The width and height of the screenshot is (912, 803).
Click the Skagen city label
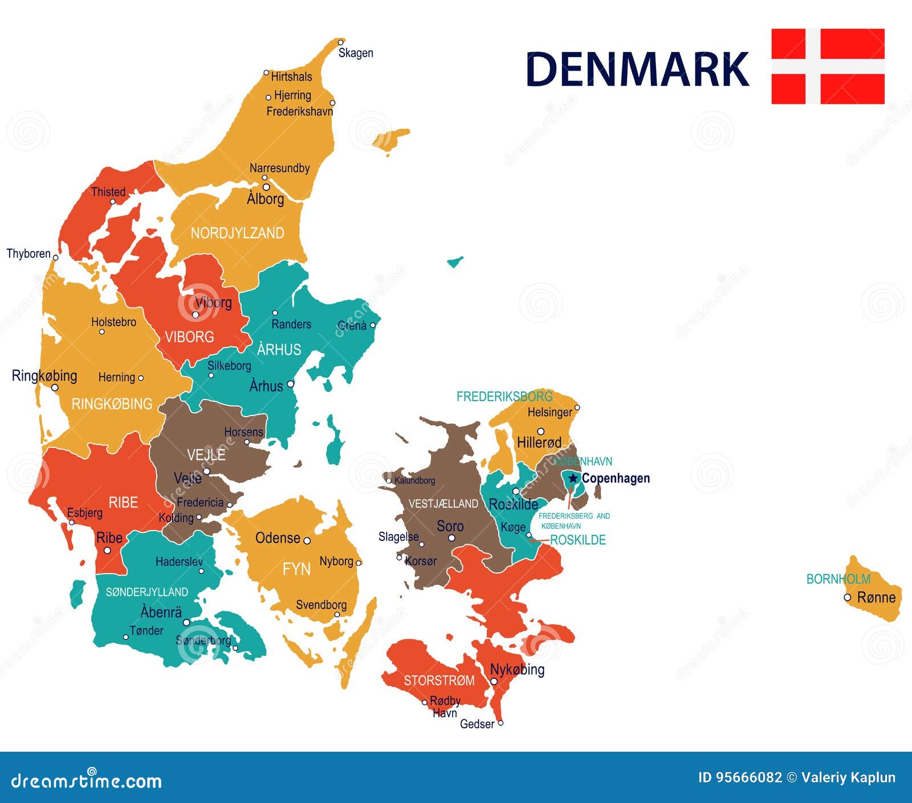356,53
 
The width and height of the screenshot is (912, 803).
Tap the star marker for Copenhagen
573,478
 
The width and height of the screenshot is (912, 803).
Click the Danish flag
828,66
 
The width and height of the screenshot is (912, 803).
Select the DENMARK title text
637,70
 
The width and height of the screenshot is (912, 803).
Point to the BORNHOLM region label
838,579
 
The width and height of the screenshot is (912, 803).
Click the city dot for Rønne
848,597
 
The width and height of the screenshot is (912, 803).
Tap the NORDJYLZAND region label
237,233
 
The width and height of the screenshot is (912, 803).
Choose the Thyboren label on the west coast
28,254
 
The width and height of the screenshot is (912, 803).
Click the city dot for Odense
307,540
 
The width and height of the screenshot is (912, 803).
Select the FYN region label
296,569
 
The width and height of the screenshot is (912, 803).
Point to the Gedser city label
477,724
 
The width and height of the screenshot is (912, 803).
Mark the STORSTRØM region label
439,680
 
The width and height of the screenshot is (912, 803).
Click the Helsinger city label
549,412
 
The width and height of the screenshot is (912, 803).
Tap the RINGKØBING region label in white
112,404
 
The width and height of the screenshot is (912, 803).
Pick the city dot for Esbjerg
72,522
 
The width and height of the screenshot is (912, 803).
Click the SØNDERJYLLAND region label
146,592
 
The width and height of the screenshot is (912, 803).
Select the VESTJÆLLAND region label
443,504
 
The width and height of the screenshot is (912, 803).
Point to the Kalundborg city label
414,480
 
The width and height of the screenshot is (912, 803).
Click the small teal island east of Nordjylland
454,262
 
